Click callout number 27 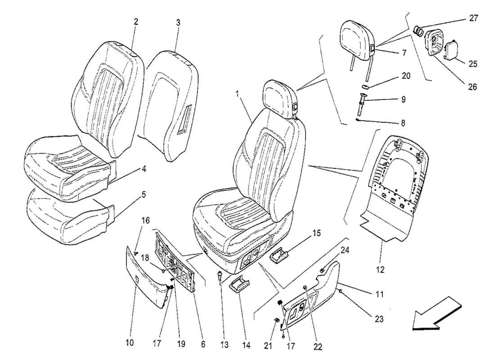(473, 18)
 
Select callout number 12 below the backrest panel (381, 270)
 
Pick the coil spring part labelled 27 (418, 31)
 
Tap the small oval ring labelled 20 (366, 85)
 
